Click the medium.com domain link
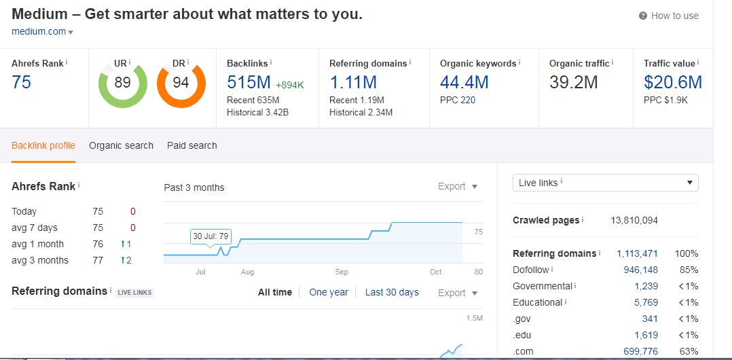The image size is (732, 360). pos(39,31)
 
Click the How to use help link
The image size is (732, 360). pos(674,16)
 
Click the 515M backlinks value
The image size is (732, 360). pos(249,83)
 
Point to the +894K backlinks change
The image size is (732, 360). pos(290,85)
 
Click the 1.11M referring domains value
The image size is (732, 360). pos(352,83)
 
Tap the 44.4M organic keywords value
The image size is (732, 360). pos(464,83)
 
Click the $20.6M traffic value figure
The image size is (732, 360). pos(672,83)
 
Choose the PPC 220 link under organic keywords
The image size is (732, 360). pos(468,100)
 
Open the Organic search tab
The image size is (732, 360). pos(121,145)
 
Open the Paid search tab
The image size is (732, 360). pos(192,145)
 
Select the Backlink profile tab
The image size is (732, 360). pos(43,145)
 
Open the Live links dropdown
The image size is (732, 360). pos(605,183)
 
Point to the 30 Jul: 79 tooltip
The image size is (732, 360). pos(211,236)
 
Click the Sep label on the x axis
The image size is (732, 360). pos(342,272)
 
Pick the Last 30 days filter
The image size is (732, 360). pos(392,292)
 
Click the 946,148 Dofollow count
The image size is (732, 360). pos(637,270)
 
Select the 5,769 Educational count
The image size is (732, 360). pos(646,302)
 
